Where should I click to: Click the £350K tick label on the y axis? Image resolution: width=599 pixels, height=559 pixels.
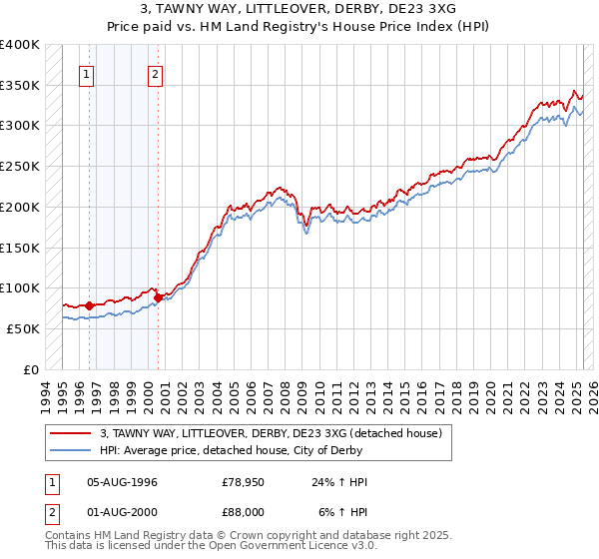point(19,86)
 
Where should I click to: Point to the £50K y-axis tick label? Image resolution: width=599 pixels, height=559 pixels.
point(23,328)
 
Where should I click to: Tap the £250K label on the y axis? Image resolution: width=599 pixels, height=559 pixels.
point(19,167)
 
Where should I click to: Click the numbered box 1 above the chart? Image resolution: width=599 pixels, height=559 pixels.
point(87,73)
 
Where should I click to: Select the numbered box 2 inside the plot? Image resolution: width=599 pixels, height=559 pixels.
point(156,73)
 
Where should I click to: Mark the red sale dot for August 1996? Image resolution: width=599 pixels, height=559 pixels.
point(90,305)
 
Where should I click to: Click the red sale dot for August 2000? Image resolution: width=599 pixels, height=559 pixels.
point(158,297)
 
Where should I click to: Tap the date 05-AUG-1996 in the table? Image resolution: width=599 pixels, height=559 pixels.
point(123,482)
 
